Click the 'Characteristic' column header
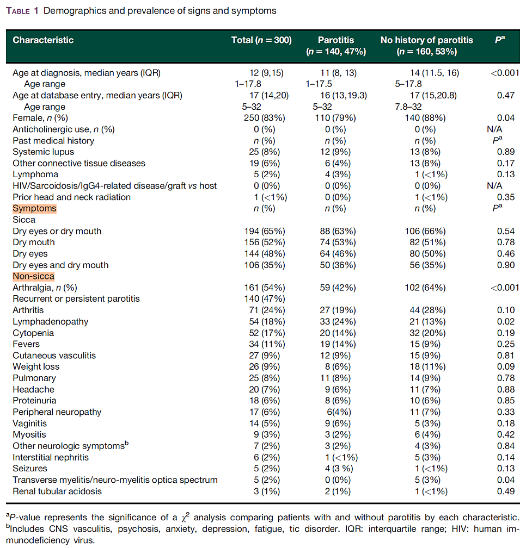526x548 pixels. pos(43,40)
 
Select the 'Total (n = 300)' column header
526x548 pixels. pos(261,40)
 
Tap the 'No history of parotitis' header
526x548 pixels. pos(426,40)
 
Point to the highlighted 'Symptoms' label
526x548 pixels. pos(34,208)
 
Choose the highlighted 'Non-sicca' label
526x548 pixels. pos(33,276)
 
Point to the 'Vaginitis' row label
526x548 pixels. pos(30,424)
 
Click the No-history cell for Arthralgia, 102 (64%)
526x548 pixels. pos(426,288)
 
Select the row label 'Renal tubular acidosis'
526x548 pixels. pos(57,491)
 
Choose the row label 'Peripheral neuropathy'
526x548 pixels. pos(57,412)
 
